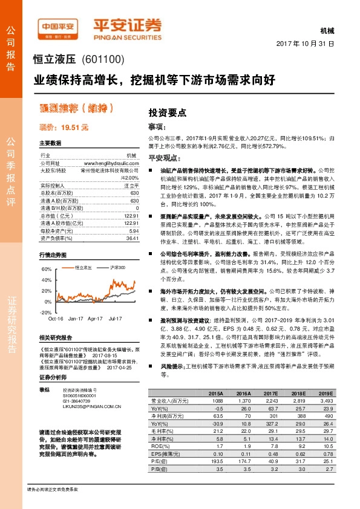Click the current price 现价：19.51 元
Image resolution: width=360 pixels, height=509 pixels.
point(64,127)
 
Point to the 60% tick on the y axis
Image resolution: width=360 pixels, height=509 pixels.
point(46,268)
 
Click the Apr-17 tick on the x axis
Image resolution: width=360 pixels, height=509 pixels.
point(95,318)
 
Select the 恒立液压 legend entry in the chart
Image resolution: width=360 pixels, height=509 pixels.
point(83,267)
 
